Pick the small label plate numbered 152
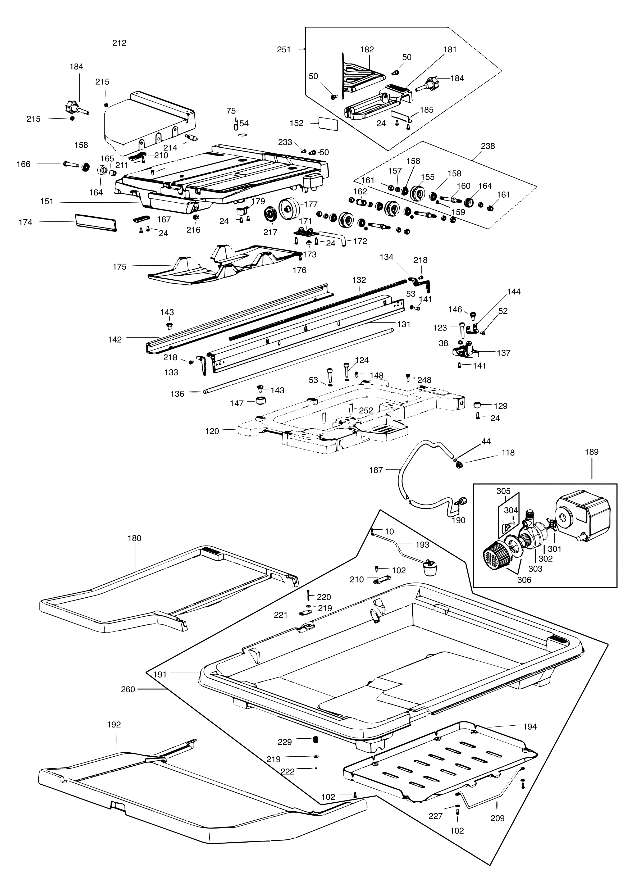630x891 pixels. coord(328,124)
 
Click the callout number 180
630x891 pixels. coord(134,538)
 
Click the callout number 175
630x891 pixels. coord(120,267)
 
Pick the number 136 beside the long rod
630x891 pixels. coord(177,394)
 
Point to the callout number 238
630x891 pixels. coord(488,146)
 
